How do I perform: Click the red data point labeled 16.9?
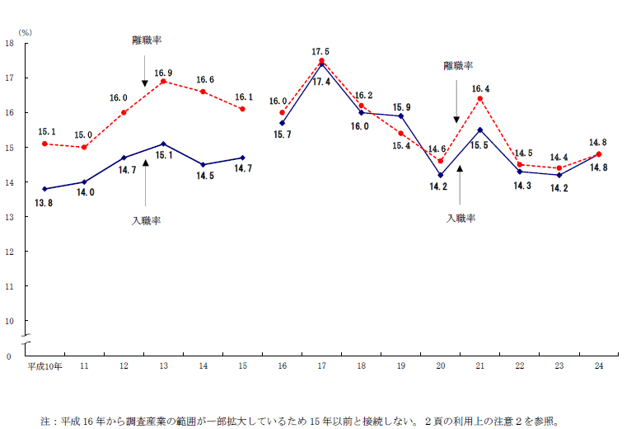163,81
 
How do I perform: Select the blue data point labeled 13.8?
44,189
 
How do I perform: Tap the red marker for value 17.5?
321,60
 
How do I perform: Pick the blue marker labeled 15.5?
479,130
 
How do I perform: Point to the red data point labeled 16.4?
479,98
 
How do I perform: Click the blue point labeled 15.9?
400,115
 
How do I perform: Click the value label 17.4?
321,81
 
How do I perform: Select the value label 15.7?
282,134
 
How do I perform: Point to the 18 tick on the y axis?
9,43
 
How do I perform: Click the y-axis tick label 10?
9,320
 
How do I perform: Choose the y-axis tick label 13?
9,216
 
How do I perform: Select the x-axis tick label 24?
598,365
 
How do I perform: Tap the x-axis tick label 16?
282,365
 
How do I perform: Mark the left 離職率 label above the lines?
146,40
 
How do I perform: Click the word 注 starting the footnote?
46,420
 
